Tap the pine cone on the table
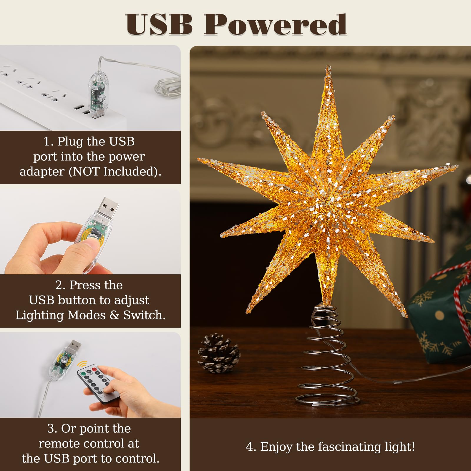click(x=218, y=353)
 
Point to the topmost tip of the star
click(x=328, y=67)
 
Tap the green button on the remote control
click(x=83, y=373)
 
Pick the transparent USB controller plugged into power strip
click(x=97, y=94)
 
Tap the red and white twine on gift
click(x=459, y=294)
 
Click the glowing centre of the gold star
click(x=327, y=203)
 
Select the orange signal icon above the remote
click(x=84, y=364)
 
